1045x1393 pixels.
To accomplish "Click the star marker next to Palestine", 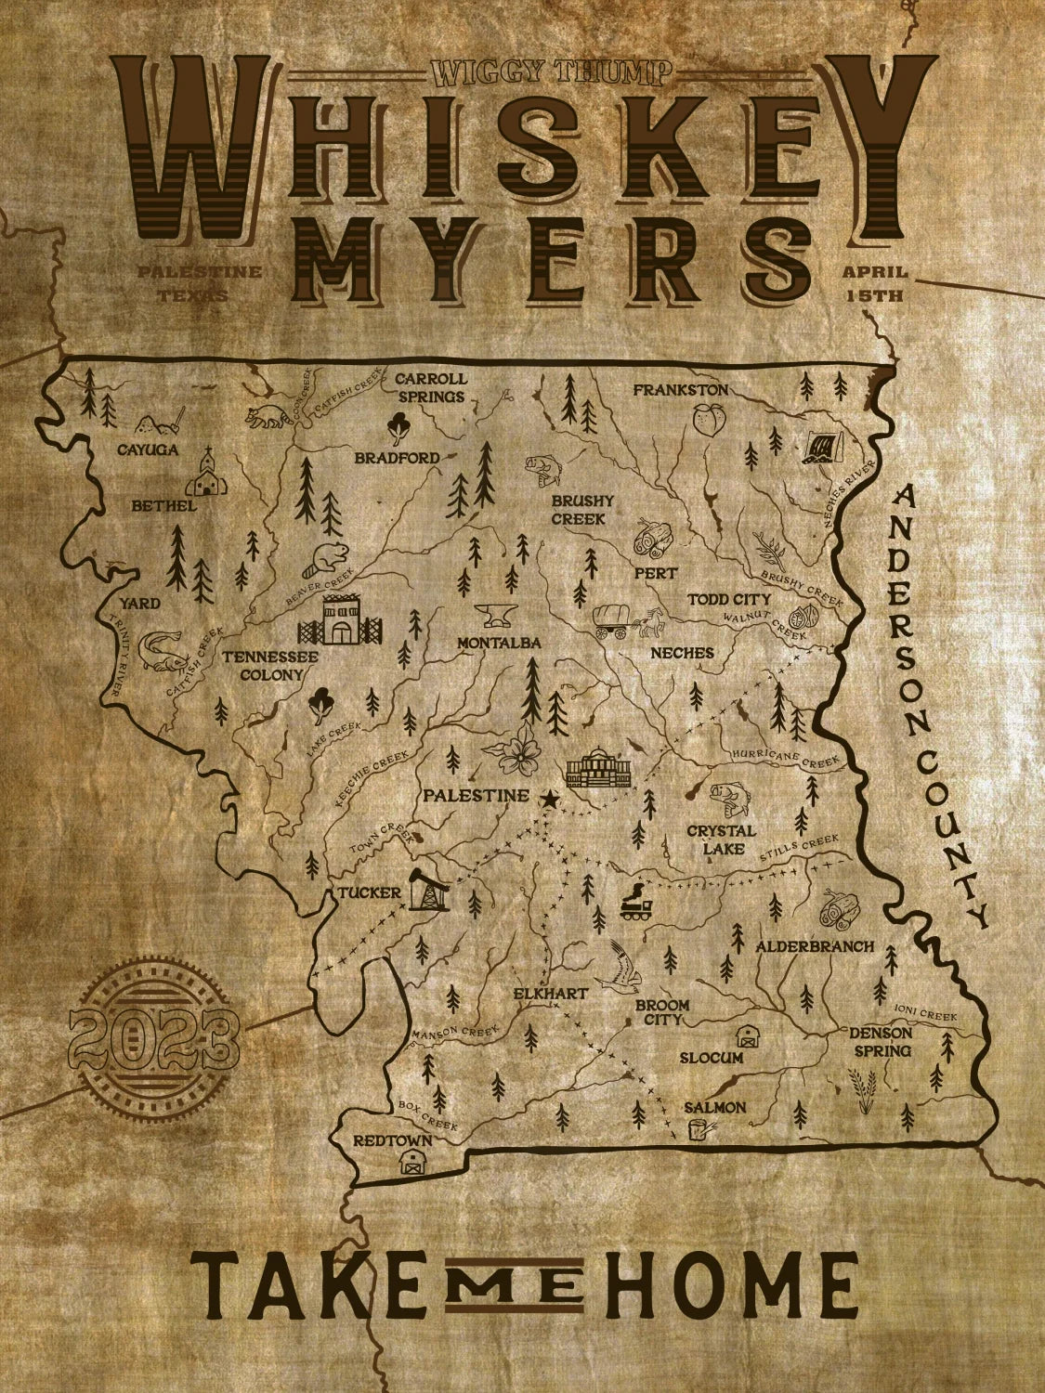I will (x=549, y=798).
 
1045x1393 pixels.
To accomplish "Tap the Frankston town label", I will (x=680, y=389).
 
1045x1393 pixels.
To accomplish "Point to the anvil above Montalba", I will (x=495, y=616).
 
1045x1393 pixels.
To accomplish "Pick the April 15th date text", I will (x=873, y=284).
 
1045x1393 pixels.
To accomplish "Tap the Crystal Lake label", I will (x=721, y=839).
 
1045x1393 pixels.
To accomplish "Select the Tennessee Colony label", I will (x=270, y=665).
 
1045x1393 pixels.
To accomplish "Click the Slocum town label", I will (x=711, y=1058).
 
